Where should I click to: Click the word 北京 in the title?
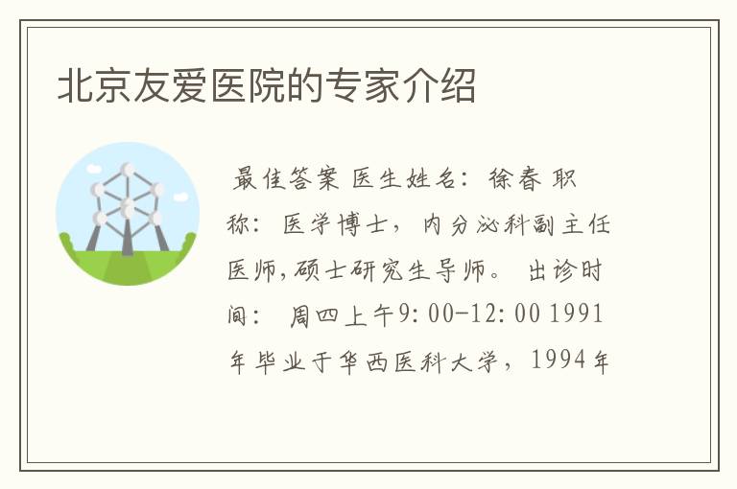coord(94,85)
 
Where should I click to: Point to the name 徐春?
coord(515,179)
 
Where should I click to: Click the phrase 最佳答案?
coord(285,179)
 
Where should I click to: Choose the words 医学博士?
coord(335,224)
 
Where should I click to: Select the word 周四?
coord(314,315)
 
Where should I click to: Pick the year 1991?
coord(576,314)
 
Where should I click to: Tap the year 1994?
coord(559,360)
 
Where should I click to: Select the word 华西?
coord(363,361)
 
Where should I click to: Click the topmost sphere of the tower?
coord(128,170)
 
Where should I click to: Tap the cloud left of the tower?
coord(94,168)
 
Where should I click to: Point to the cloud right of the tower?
coord(180,198)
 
